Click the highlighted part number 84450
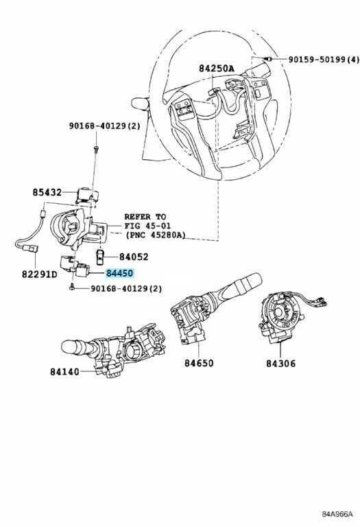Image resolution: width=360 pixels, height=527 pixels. pyautogui.click(x=120, y=273)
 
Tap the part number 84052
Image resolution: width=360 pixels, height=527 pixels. pyautogui.click(x=134, y=257)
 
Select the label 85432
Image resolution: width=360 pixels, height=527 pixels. pyautogui.click(x=47, y=192)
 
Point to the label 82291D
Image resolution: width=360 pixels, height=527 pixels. pyautogui.click(x=40, y=274)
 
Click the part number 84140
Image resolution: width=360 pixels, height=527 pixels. pyautogui.click(x=65, y=372)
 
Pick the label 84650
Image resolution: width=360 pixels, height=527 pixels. pyautogui.click(x=199, y=363)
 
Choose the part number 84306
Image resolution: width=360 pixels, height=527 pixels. pyautogui.click(x=281, y=363)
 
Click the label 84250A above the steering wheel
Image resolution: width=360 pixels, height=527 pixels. pyautogui.click(x=217, y=68)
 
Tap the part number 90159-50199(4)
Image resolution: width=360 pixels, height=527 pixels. pyautogui.click(x=324, y=60)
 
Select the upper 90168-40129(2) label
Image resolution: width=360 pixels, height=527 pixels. pyautogui.click(x=105, y=126)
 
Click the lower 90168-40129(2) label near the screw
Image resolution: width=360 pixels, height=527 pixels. pyautogui.click(x=126, y=288)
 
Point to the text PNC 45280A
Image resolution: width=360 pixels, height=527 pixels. pyautogui.click(x=156, y=235)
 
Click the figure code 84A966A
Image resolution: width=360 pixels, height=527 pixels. pyautogui.click(x=337, y=514)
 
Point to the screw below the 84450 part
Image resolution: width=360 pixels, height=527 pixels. pyautogui.click(x=71, y=287)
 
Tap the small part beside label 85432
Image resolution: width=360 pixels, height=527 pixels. pyautogui.click(x=88, y=196)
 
